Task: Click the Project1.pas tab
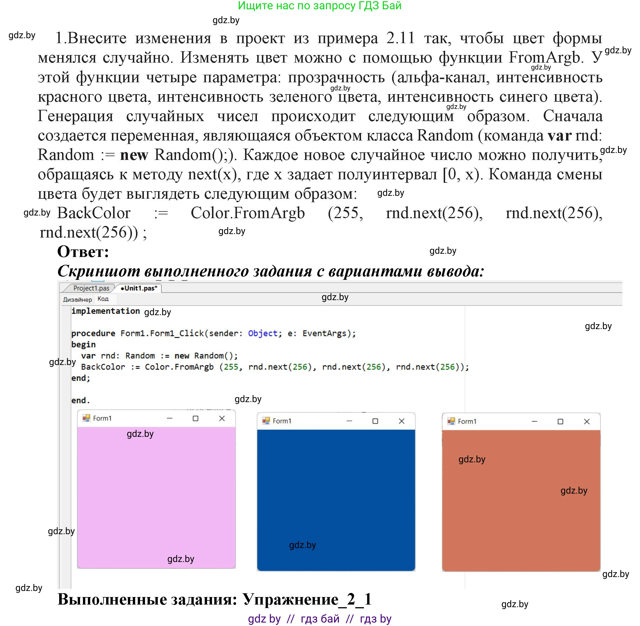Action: tap(91, 288)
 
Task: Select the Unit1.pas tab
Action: tap(139, 288)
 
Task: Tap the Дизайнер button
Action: tap(77, 300)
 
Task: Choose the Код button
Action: tap(103, 299)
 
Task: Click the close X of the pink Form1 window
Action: tap(222, 418)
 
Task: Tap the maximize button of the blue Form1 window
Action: tap(375, 421)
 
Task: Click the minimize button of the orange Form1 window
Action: tap(534, 421)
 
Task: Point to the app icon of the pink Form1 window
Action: tap(86, 418)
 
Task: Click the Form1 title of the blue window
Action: tap(282, 421)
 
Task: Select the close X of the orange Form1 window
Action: tap(586, 421)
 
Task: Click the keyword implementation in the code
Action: tap(105, 311)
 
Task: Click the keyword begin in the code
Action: tap(83, 344)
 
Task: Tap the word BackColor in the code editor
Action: tap(103, 367)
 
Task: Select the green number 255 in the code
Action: tap(231, 367)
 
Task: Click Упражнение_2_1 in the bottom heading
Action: tap(307, 599)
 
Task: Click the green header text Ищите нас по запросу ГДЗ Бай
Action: tap(320, 6)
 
